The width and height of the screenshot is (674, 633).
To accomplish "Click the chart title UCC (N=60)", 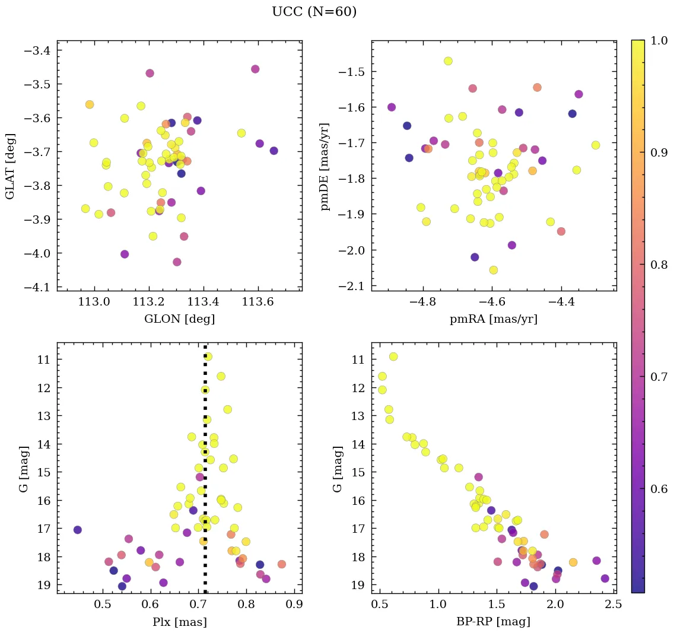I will click(314, 12).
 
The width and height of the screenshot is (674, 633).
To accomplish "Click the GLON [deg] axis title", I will click(179, 319).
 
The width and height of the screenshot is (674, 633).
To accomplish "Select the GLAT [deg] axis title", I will click(10, 166).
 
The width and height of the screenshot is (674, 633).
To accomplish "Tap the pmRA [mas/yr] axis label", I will click(494, 319).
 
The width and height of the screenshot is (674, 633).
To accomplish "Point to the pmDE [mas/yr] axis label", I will click(325, 166).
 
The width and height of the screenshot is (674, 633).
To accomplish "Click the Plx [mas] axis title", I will click(179, 622).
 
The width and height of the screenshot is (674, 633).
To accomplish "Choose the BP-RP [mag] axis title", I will click(494, 622).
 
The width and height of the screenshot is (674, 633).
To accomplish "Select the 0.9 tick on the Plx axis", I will click(294, 606).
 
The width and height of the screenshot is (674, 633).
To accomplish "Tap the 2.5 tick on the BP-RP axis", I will click(614, 606).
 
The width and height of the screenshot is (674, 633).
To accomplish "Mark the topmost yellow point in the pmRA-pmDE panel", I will click(448, 61).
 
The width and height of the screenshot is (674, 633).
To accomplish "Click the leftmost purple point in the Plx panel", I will click(77, 530).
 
